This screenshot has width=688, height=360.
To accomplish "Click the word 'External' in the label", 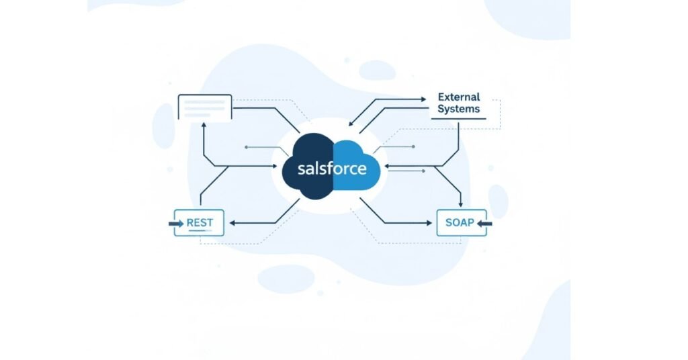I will coord(459,97).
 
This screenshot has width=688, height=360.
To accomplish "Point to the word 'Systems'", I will coord(459,109).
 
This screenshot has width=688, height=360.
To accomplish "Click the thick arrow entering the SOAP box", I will coord(484,223).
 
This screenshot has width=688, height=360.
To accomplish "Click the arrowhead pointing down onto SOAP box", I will coord(460,205).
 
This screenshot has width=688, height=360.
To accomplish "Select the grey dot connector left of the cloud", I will coord(247,146).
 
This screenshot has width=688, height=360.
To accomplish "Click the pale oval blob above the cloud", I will coord(377,71).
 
